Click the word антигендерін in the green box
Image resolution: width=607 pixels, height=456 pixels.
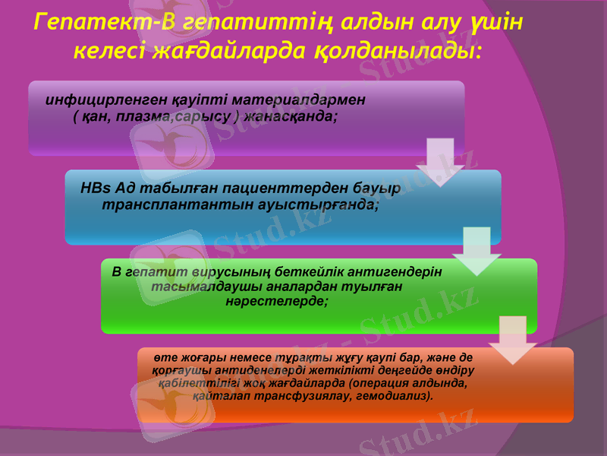pyautogui.click(x=395, y=271)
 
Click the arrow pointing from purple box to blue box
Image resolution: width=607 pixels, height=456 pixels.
pyautogui.click(x=440, y=162)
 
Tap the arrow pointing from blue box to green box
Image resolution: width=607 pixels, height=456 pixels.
pyautogui.click(x=476, y=252)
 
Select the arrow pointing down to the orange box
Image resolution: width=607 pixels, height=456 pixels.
pyautogui.click(x=512, y=340)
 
